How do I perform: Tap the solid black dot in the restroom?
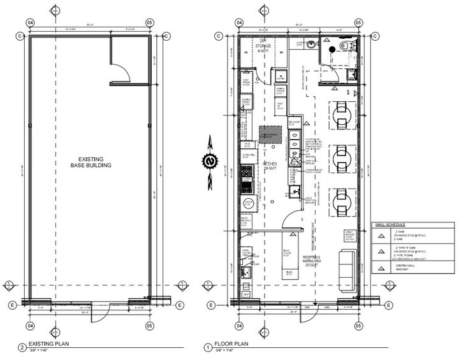(x=331, y=49)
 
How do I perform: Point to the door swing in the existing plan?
(x=122, y=71)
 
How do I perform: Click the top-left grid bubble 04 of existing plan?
(x=29, y=22)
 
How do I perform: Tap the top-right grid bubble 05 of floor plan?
(x=364, y=22)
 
